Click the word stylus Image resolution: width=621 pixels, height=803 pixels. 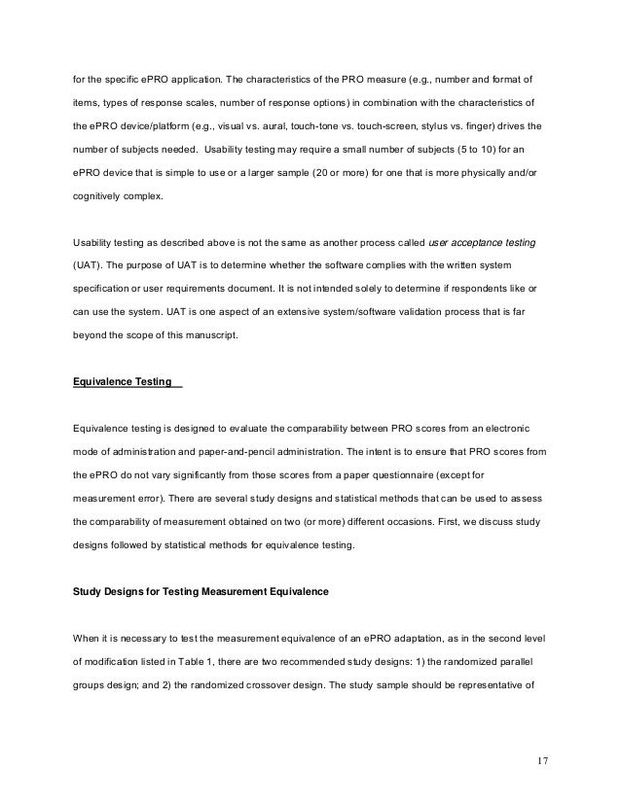[442, 125]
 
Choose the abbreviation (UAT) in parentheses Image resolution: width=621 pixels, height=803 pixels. [90, 264]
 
